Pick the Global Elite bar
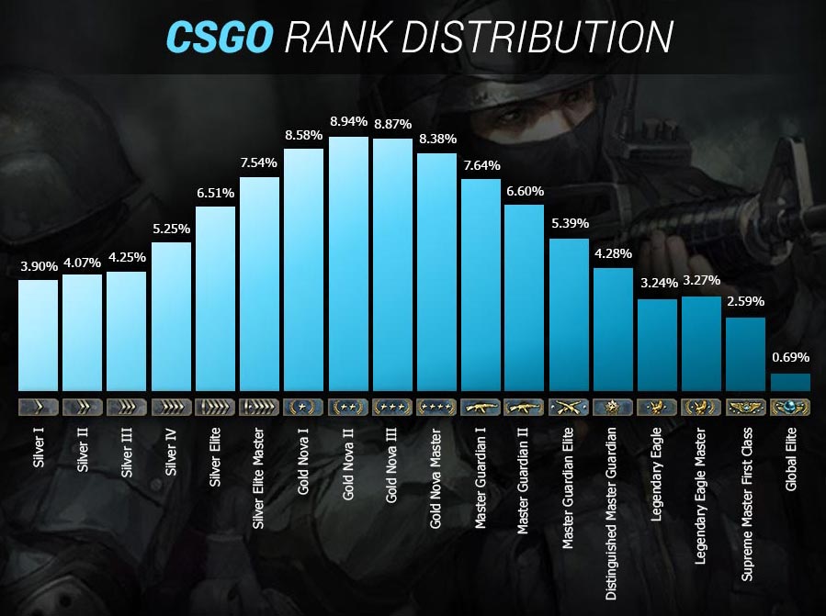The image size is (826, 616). (790, 382)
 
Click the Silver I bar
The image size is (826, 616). (39, 335)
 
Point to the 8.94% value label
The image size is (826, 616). (349, 121)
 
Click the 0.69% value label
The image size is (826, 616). (790, 357)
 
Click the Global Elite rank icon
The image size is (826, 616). (790, 406)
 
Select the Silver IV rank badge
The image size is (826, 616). (171, 406)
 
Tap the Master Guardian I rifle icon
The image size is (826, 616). (481, 406)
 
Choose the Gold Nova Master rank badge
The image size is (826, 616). (436, 406)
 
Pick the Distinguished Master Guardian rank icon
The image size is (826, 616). (613, 406)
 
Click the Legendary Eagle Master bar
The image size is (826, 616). (702, 344)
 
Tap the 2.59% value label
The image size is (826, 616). (746, 301)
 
